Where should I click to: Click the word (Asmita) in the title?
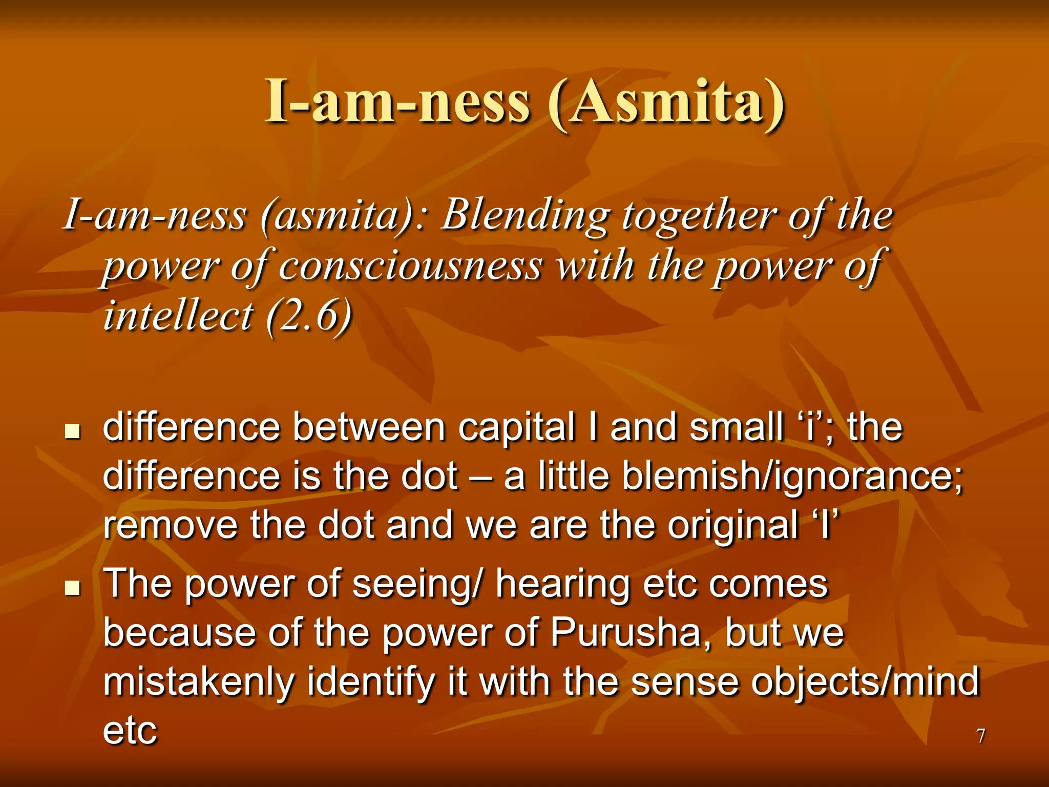coord(666,102)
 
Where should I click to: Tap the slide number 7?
coord(980,736)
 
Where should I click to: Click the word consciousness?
coord(410,266)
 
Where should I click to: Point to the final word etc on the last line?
coord(130,731)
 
